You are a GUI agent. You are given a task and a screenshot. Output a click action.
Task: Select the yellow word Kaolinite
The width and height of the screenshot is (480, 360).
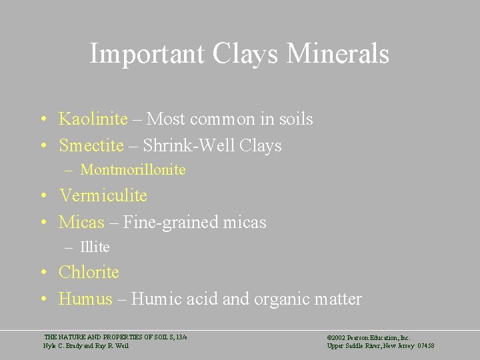93,119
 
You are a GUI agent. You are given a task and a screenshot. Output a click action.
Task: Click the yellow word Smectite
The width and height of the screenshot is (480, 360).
91,145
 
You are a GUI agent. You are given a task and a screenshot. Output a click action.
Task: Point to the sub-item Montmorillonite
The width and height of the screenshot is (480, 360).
133,170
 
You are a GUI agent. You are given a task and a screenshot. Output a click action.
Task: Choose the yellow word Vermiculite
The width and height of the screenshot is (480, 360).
103,195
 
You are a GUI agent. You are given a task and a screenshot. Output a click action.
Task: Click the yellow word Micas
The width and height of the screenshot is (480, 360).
81,222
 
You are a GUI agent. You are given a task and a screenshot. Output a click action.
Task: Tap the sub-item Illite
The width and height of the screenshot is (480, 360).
95,247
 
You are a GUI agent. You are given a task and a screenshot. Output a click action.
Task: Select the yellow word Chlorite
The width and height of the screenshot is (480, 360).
89,272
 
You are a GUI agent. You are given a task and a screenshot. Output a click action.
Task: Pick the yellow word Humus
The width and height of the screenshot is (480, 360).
85,299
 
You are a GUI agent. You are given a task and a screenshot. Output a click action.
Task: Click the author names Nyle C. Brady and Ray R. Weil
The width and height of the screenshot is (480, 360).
86,346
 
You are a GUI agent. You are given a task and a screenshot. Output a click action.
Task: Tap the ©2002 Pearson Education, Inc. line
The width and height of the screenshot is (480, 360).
369,338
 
